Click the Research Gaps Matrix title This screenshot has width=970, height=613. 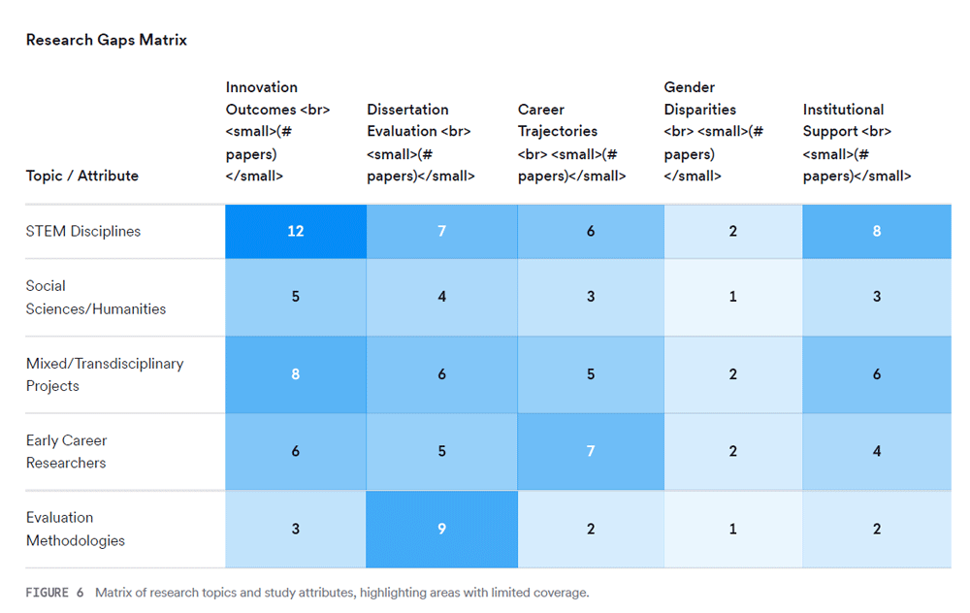click(106, 40)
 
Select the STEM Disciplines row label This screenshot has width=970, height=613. click(83, 232)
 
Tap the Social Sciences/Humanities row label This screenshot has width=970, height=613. click(96, 298)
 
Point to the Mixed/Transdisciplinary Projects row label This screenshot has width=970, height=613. click(105, 374)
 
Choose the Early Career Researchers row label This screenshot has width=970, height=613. click(67, 452)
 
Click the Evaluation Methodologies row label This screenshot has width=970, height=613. click(76, 529)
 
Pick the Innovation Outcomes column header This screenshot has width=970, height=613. click(277, 132)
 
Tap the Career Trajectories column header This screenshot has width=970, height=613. click(571, 143)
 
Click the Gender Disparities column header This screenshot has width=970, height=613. click(713, 132)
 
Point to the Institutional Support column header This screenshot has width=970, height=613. click(857, 143)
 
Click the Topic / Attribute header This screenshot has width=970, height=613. click(82, 176)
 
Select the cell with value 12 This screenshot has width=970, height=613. click(296, 232)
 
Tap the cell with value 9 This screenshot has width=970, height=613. click(442, 530)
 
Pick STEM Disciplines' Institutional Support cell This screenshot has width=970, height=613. click(877, 232)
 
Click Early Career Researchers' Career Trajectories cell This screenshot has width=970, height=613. click(591, 452)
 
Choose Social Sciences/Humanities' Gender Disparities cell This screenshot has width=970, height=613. click(733, 298)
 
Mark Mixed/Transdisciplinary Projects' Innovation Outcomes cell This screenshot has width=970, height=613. click(296, 374)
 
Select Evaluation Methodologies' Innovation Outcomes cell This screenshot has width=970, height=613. click(296, 530)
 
